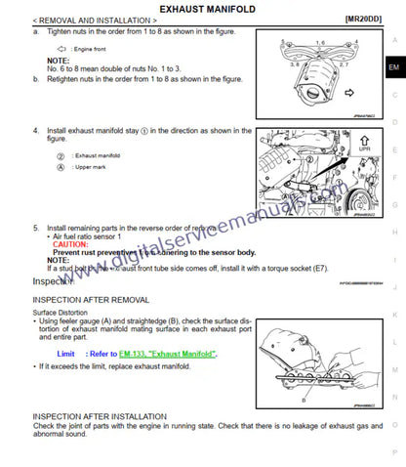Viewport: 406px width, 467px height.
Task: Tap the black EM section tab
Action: pos(393,67)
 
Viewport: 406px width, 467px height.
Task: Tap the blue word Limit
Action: pos(66,354)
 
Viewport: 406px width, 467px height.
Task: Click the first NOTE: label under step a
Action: pos(58,60)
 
